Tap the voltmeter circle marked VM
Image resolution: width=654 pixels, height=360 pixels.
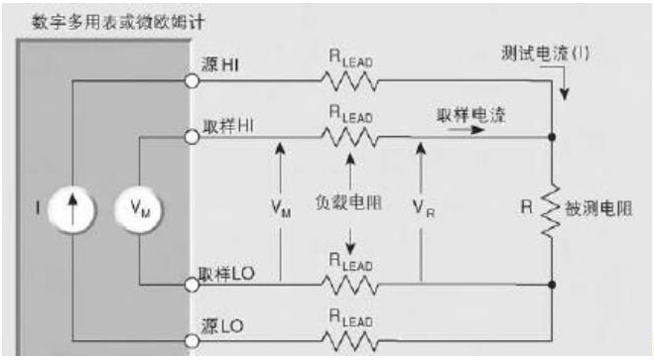[x=139, y=208]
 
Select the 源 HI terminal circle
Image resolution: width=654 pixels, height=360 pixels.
[x=192, y=81]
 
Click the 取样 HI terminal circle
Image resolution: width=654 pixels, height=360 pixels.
[x=192, y=137]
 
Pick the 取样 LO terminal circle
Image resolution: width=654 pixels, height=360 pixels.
[x=192, y=285]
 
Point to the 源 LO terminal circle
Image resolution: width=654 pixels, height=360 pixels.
[x=192, y=341]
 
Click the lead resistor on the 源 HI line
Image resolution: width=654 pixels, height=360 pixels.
[x=350, y=81]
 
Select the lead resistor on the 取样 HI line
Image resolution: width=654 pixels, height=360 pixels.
[x=350, y=137]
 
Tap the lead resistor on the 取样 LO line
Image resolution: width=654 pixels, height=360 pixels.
[x=350, y=285]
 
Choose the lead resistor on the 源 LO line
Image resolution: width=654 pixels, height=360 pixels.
[x=350, y=341]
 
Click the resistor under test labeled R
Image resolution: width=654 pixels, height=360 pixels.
[x=552, y=211]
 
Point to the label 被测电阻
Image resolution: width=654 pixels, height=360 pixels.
[x=598, y=208]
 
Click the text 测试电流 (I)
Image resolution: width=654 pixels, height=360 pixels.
[x=545, y=54]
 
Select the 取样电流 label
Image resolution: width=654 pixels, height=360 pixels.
[x=470, y=115]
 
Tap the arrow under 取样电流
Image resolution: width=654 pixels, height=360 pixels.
[x=465, y=130]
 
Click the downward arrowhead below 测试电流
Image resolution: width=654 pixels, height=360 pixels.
[x=564, y=94]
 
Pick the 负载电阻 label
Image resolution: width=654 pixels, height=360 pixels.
[x=348, y=203]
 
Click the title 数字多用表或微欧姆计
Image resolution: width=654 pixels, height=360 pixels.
[x=118, y=22]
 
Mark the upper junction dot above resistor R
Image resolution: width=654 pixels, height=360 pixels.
[x=552, y=137]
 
